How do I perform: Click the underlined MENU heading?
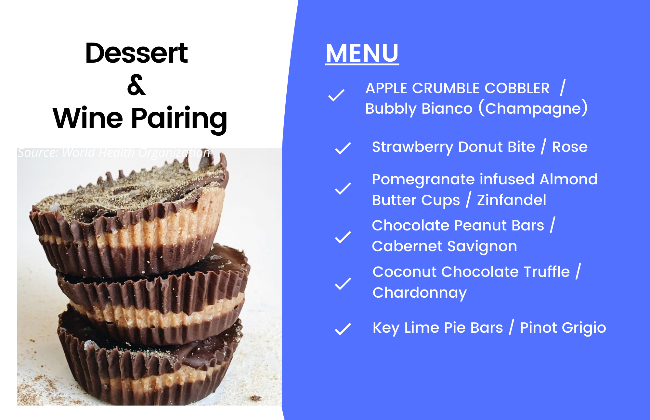click(362, 53)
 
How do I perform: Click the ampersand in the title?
click(136, 85)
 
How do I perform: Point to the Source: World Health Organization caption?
click(114, 153)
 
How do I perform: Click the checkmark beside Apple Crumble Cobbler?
click(336, 95)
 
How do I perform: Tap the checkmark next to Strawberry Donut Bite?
click(343, 148)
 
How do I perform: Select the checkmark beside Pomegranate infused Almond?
click(343, 188)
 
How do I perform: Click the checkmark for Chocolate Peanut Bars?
click(343, 237)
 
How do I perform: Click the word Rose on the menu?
click(570, 147)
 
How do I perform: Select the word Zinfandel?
click(511, 200)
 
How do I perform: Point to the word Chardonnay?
click(419, 293)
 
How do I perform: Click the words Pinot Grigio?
click(563, 328)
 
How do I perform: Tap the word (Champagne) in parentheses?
click(533, 108)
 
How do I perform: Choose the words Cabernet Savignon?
click(444, 246)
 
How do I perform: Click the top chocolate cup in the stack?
click(130, 221)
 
